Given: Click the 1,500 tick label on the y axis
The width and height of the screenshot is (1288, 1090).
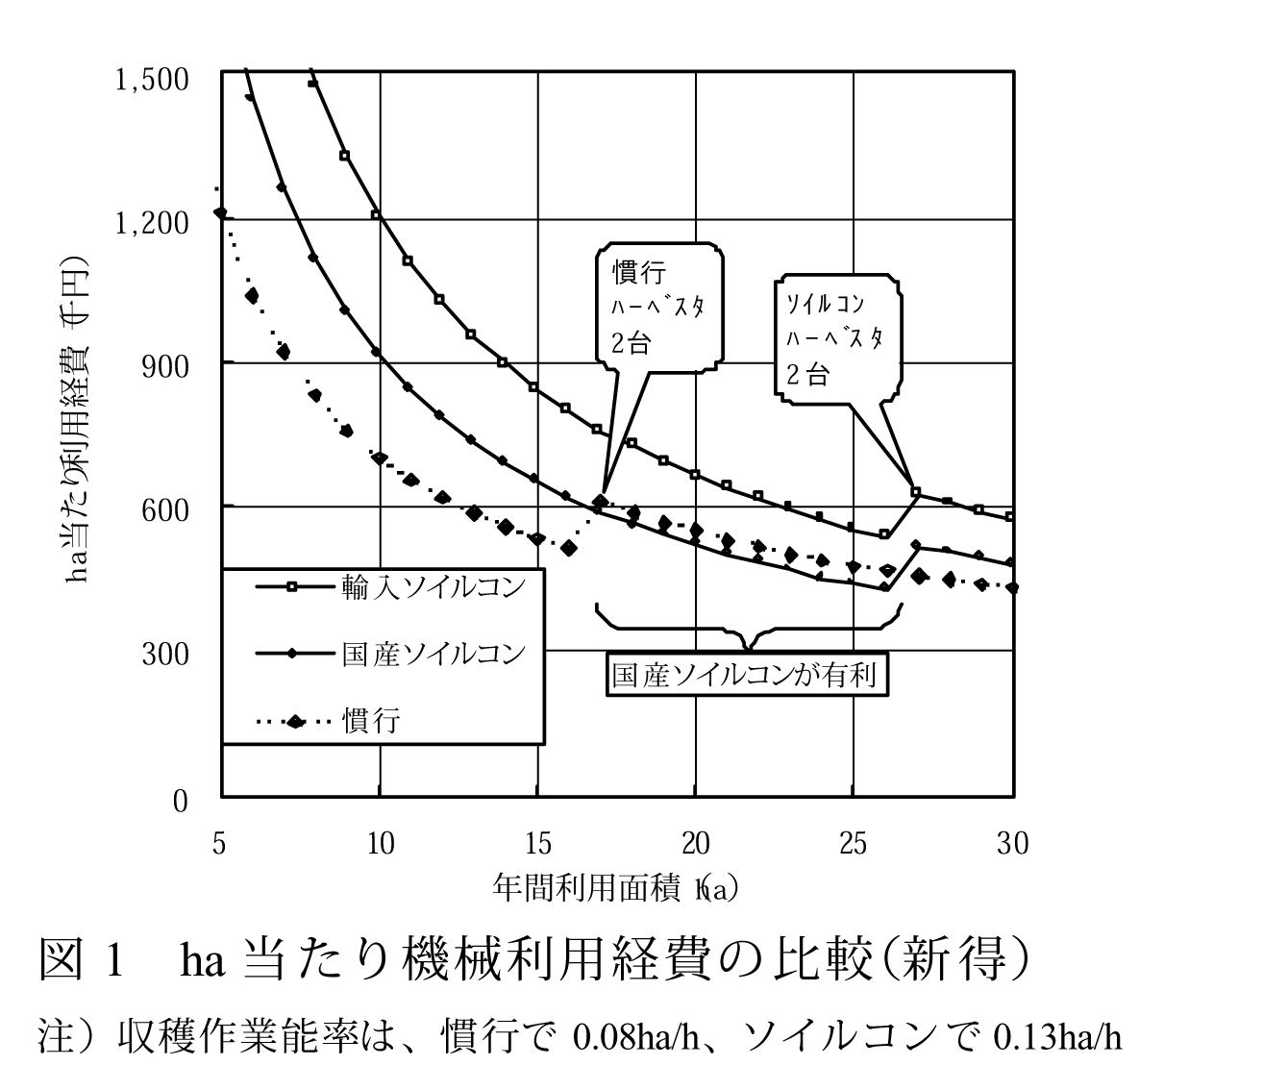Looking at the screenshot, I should [152, 80].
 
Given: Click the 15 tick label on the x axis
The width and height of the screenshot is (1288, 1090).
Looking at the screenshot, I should [538, 843].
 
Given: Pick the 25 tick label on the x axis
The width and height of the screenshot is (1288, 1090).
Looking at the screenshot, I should [854, 843].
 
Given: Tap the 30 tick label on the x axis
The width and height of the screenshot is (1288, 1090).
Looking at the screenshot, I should [1012, 843].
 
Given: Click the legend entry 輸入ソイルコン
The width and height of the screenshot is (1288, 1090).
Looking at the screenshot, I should [433, 585].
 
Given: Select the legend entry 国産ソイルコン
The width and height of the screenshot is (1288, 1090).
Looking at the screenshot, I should [433, 654].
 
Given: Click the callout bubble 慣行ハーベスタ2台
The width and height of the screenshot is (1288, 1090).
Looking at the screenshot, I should [658, 309].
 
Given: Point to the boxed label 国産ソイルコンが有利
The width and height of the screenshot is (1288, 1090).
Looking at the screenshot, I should [745, 676].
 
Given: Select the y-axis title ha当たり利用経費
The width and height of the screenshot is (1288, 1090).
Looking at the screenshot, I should [78, 423].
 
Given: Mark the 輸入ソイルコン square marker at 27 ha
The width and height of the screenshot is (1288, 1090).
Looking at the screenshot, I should [915, 492].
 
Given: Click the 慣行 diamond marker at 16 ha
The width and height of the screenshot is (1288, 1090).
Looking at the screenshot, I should [569, 548].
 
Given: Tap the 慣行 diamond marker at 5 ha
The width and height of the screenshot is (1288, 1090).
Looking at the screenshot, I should [221, 212].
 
